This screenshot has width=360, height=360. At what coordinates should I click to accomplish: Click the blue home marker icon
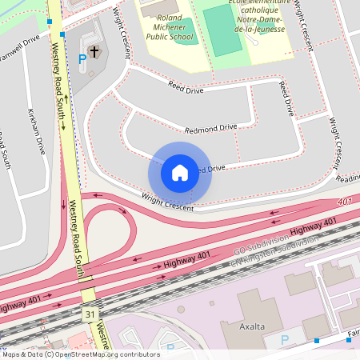click(x=180, y=172)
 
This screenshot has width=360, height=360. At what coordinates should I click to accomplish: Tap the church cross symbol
click(x=94, y=52)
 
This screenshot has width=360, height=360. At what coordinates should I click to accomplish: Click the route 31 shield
click(x=89, y=315)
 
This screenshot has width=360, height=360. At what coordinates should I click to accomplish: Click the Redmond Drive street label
click(x=211, y=128)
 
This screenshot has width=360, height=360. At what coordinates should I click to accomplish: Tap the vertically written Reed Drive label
click(x=286, y=98)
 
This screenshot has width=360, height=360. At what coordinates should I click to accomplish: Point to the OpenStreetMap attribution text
click(x=80, y=354)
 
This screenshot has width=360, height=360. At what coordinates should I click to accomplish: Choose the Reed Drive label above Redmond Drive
click(x=187, y=87)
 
